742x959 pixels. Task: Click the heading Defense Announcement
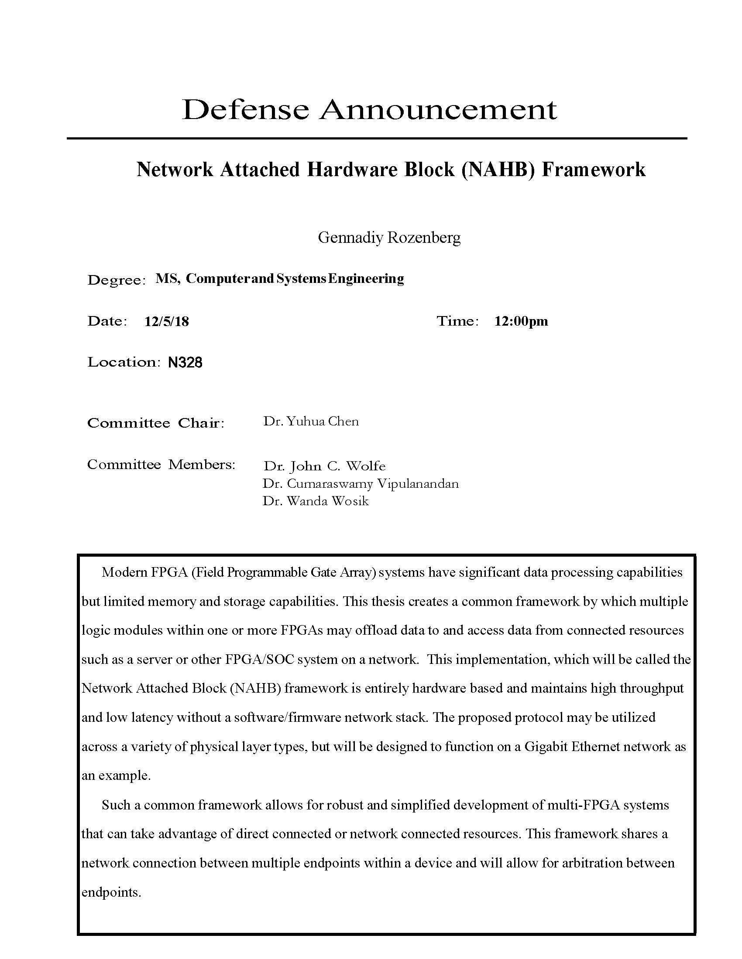click(369, 109)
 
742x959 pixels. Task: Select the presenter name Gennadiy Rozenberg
click(389, 238)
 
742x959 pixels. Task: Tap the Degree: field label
click(116, 280)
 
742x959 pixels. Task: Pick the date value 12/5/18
click(167, 321)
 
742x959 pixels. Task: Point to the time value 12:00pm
click(521, 321)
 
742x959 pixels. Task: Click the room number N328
click(185, 363)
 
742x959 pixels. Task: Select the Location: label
click(122, 362)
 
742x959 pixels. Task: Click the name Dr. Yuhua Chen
click(311, 422)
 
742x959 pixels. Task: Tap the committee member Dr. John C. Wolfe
click(324, 466)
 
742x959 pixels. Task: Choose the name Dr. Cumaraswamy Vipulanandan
click(361, 484)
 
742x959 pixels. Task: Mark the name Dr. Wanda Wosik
click(316, 501)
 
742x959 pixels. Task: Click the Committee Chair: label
click(156, 423)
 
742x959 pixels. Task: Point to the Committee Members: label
click(161, 465)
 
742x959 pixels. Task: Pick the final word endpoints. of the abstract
click(111, 892)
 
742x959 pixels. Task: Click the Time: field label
click(457, 321)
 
